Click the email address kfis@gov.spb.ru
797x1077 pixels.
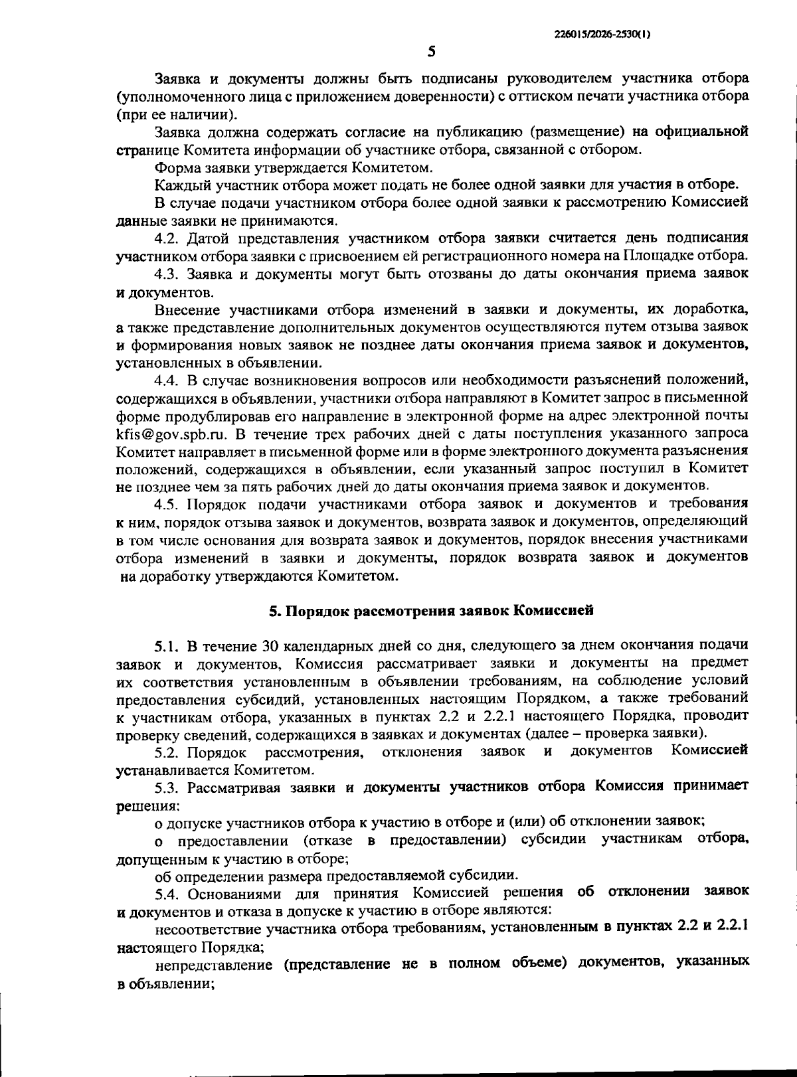pyautogui.click(x=171, y=434)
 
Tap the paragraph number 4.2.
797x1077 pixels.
pyautogui.click(x=167, y=238)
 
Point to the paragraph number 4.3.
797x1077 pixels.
pyautogui.click(x=167, y=274)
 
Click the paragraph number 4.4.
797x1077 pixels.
pyautogui.click(x=167, y=380)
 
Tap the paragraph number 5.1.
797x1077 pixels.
pyautogui.click(x=167, y=645)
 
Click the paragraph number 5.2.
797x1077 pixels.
pyautogui.click(x=167, y=752)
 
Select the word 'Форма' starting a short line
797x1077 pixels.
pyautogui.click(x=175, y=167)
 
